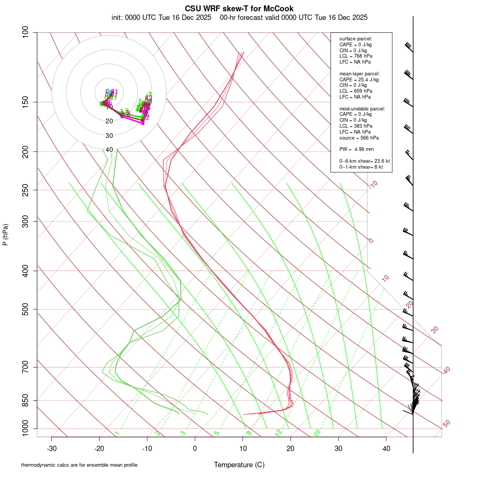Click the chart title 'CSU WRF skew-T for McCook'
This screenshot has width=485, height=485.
pos(239,9)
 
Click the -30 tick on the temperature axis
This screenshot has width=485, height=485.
pos(52,448)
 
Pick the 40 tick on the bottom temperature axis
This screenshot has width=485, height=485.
pos(386,448)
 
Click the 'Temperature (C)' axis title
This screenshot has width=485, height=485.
pos(239,465)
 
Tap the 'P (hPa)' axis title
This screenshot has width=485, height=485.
pos(5,234)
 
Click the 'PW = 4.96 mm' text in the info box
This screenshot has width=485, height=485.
pos(353,149)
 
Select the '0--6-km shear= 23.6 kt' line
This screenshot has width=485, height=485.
pos(361,161)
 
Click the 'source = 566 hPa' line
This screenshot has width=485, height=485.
pos(355,138)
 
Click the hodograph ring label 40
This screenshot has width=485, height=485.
pos(109,150)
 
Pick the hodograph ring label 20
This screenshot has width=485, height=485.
pos(109,121)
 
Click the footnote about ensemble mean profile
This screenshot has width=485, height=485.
pos(79,465)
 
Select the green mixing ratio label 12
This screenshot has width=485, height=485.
pos(279,432)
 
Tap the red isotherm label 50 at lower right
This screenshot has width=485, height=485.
pos(446,424)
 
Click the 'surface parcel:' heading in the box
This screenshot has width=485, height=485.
pos(356,39)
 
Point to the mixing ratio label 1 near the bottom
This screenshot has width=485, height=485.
pos(117,433)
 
